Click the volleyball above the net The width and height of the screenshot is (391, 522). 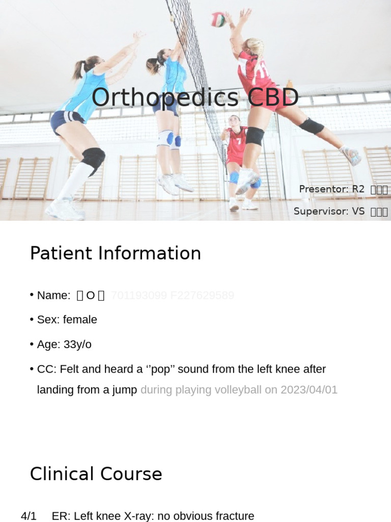[x=218, y=20]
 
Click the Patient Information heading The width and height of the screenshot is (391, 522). [x=116, y=253]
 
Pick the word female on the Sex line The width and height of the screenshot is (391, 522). [x=80, y=320]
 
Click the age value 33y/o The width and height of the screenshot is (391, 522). [x=77, y=345]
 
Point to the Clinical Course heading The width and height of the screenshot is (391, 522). [x=96, y=474]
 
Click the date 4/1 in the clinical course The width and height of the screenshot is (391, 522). [x=29, y=516]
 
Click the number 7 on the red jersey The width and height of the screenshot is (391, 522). [x=238, y=141]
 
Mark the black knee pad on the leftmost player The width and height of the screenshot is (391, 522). [x=93, y=159]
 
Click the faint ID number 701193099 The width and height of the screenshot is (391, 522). [x=138, y=295]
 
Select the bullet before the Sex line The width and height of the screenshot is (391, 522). [x=32, y=320]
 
